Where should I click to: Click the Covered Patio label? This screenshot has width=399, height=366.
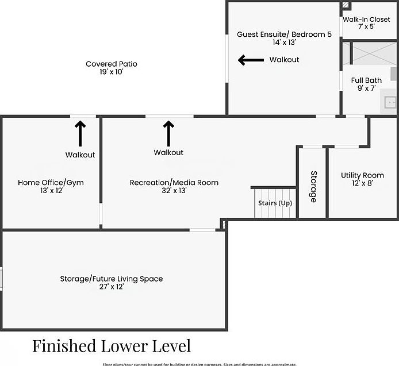[112, 64]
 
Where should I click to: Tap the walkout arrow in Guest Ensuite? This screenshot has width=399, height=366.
[251, 60]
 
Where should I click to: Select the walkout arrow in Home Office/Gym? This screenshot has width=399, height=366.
[80, 133]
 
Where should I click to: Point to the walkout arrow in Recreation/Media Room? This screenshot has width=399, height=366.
[168, 133]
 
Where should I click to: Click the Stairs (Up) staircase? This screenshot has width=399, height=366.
[274, 203]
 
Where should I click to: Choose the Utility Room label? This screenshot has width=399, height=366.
[362, 175]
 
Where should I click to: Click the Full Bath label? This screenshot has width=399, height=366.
[366, 80]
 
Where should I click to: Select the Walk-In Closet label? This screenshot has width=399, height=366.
[367, 19]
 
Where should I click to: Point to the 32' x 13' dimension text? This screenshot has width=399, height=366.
[174, 191]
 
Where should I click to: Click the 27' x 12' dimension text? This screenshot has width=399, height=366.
[112, 287]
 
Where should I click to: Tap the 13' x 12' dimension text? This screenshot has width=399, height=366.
[51, 191]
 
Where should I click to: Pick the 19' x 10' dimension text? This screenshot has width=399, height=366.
[112, 72]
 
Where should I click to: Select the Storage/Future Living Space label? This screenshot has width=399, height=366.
[112, 279]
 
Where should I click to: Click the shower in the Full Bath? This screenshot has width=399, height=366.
[372, 53]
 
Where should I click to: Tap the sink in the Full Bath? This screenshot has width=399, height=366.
[391, 102]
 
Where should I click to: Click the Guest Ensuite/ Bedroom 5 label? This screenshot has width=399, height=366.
[284, 34]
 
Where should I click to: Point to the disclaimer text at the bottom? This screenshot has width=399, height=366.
[199, 364]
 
